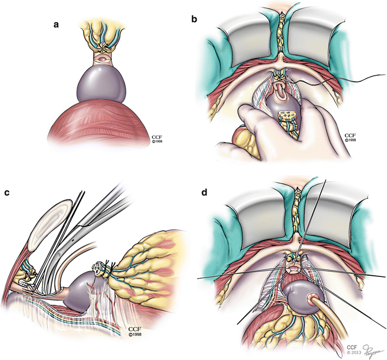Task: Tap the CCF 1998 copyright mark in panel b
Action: click(x=351, y=137)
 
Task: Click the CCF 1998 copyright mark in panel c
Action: click(x=137, y=331)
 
